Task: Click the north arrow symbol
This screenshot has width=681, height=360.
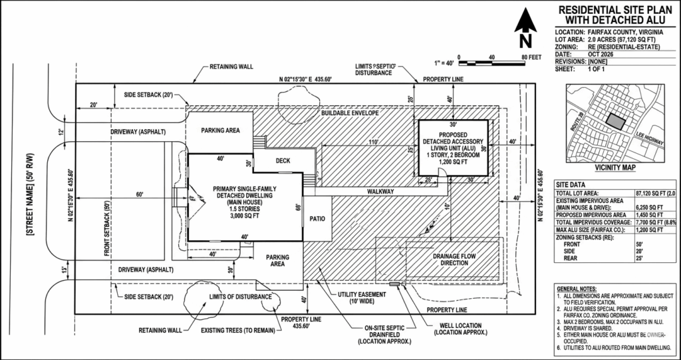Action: point(525,27)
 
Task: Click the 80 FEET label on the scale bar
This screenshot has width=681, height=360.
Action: point(529,58)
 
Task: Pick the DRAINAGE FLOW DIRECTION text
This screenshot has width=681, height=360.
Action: point(450,258)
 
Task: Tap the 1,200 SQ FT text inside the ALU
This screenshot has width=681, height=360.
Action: point(452,161)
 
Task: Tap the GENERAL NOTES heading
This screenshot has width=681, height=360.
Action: point(576,290)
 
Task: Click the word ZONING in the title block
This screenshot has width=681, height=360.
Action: point(570,47)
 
